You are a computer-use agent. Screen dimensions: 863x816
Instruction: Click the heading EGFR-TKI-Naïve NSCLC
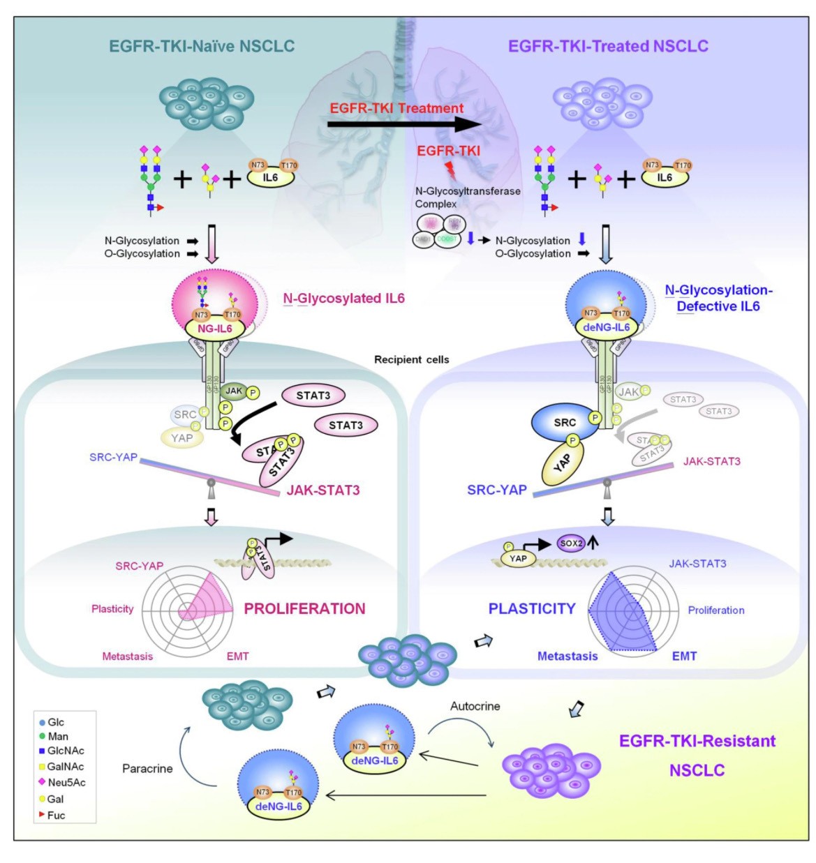coord(202,46)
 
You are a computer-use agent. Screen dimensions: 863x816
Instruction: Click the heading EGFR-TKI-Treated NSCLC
coord(608,46)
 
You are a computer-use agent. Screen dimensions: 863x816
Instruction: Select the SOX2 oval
coord(571,543)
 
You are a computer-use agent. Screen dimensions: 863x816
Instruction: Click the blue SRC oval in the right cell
coord(565,422)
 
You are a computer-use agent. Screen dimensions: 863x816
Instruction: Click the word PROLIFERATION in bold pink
coord(304,608)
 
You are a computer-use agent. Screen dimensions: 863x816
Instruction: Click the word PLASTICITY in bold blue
coord(532,608)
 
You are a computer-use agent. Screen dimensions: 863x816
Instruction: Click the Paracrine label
coord(147,768)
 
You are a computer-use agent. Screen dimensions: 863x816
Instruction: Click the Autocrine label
coord(475,706)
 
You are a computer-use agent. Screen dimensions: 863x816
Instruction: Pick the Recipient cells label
coord(411,359)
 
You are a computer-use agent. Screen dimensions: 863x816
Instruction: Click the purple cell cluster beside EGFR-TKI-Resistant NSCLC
coord(551,769)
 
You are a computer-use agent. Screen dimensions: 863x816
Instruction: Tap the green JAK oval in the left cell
coord(234,391)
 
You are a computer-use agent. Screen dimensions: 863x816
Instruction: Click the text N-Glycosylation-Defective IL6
coord(718,298)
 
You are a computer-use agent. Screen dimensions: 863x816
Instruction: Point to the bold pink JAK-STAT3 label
coord(323,490)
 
